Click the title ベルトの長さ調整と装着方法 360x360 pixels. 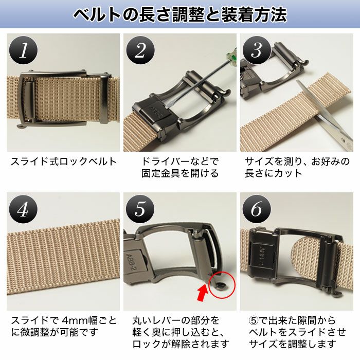tap(179, 14)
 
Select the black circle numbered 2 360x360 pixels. tap(140, 50)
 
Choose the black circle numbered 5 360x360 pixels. tap(140, 209)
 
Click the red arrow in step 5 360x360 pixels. tap(203, 294)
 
